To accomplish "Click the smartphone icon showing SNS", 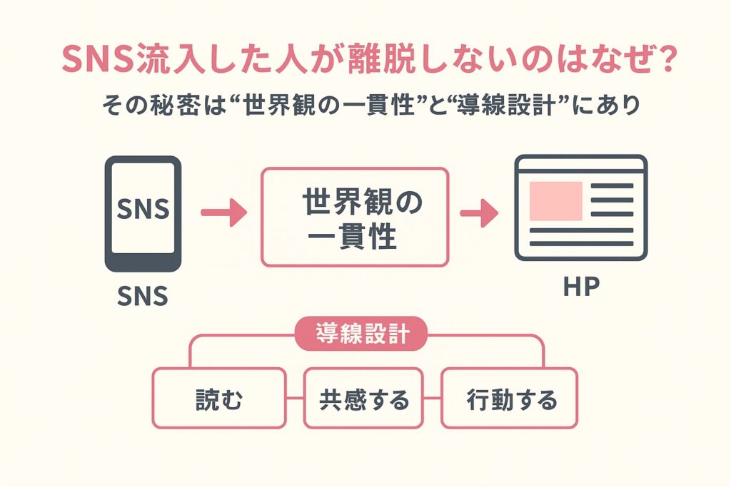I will coord(143,213).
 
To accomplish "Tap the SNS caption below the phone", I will coord(142,294).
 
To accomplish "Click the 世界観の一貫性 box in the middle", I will coord(354,217).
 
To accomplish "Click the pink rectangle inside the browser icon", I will coord(556,200).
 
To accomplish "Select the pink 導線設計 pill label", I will coord(361,334).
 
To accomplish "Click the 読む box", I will coord(219,400).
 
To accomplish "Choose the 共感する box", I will coord(364,400).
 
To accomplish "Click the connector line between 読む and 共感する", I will coord(294,398).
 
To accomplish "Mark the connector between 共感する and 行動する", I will coord(433,398).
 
